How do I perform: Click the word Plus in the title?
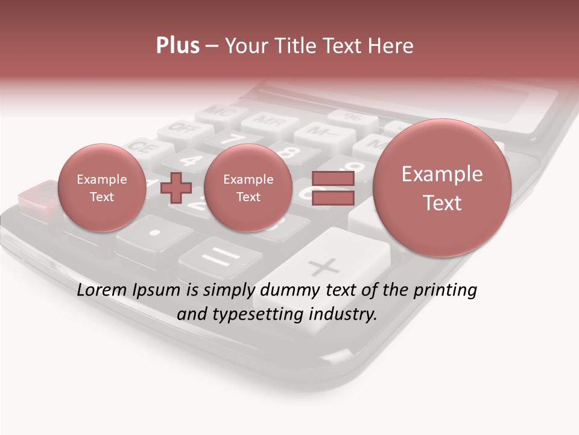(177, 46)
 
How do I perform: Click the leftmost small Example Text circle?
(101, 188)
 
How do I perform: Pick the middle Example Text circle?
(248, 188)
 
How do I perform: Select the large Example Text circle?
(442, 188)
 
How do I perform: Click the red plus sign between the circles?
(176, 188)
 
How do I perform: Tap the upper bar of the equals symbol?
(332, 178)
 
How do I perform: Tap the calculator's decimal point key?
(155, 233)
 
